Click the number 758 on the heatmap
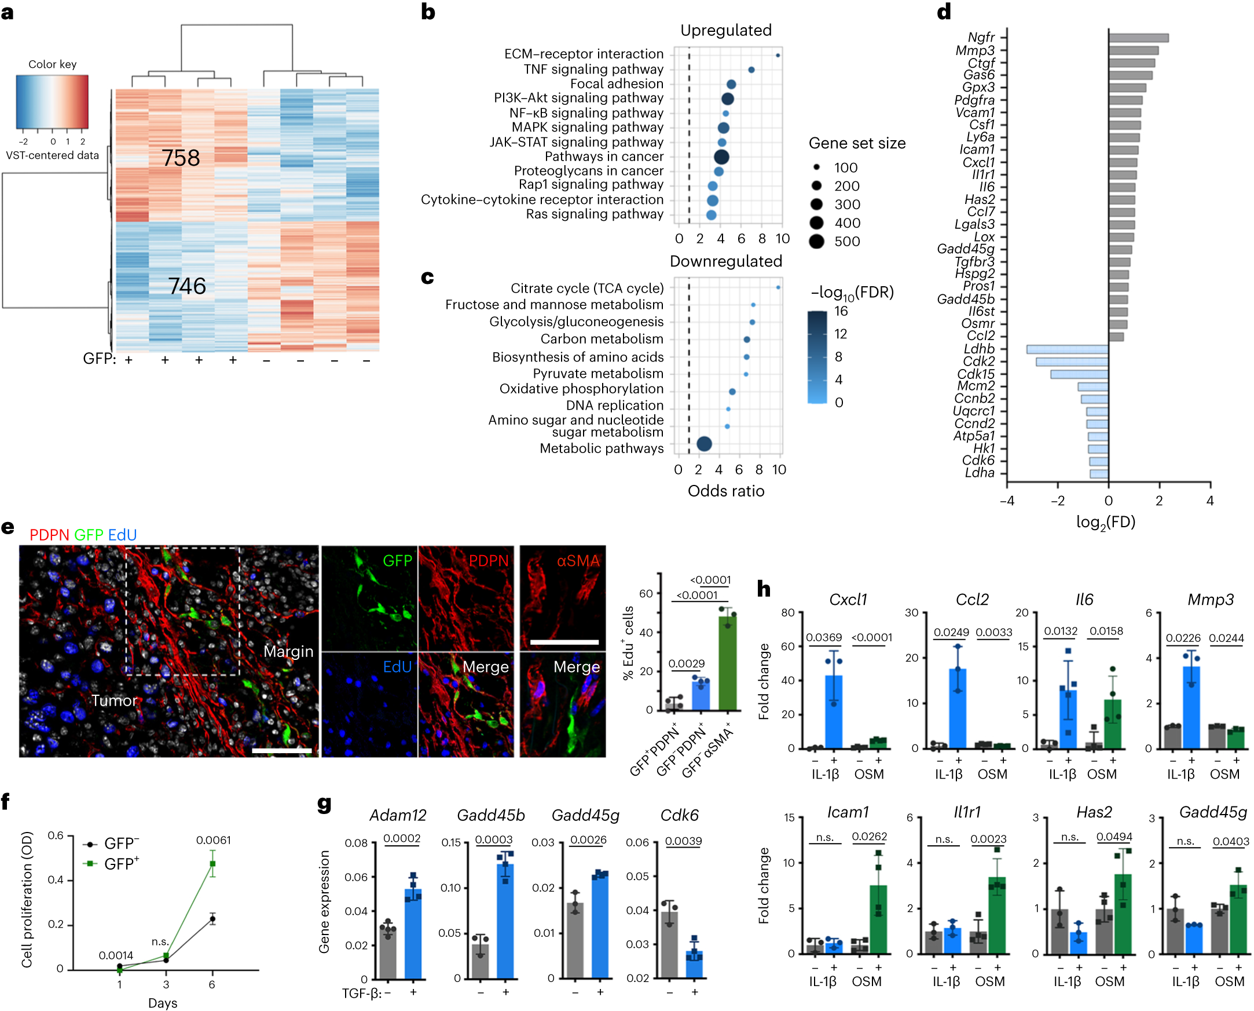(x=181, y=158)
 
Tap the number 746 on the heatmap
(x=187, y=286)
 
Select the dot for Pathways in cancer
(x=721, y=156)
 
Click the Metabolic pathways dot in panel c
(x=703, y=444)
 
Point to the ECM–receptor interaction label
(x=583, y=54)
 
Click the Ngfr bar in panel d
(x=1138, y=38)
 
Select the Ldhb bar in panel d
(x=1066, y=349)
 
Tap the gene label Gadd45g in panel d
(x=965, y=249)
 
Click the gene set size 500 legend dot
(x=816, y=241)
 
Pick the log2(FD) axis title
(x=1105, y=522)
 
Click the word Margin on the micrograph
(x=288, y=651)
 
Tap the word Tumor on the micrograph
(x=114, y=700)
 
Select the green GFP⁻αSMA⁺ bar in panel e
(x=727, y=664)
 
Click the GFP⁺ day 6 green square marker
(x=212, y=864)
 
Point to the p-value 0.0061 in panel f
(x=213, y=840)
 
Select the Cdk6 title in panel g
(x=679, y=815)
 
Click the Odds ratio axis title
(x=725, y=491)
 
